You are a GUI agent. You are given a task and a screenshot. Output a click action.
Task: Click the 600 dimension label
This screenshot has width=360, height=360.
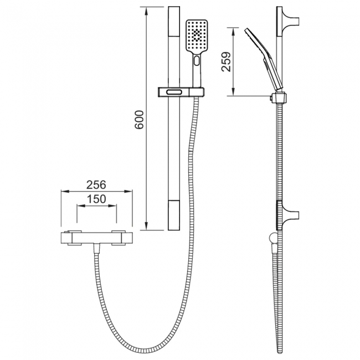[x=139, y=120]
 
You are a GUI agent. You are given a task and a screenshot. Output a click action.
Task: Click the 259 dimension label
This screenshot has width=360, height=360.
[x=226, y=62]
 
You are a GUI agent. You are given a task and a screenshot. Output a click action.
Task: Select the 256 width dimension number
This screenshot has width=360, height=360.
[x=96, y=184]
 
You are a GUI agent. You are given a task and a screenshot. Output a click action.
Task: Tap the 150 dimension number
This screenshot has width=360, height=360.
[x=96, y=199]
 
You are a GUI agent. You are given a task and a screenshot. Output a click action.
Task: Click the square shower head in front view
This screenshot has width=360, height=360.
[x=197, y=36]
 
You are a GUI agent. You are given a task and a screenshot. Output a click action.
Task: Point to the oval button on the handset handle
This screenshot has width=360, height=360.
[x=197, y=61]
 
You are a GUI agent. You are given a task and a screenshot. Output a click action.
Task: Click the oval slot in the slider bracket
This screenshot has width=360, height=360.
[x=174, y=92]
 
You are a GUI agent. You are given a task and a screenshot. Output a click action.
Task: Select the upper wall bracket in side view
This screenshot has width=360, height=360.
[x=288, y=22]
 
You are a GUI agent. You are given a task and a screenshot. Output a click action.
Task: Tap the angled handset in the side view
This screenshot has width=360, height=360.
[x=264, y=58]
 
